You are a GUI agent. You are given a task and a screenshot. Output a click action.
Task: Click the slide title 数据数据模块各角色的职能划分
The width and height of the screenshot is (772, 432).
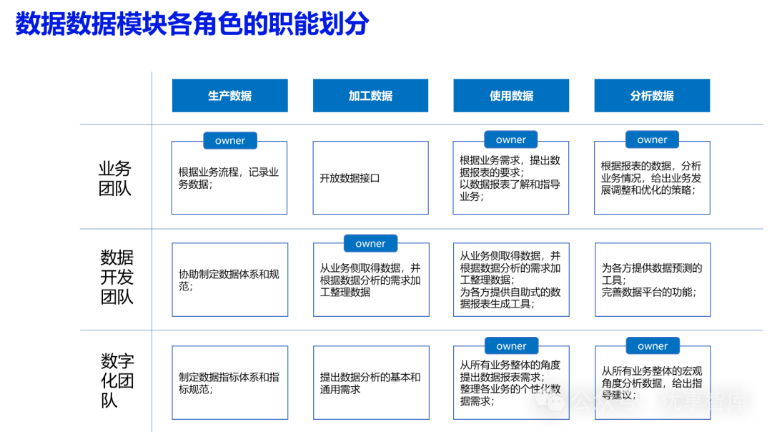click(192, 24)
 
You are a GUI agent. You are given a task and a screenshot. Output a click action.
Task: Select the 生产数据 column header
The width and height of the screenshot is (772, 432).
click(229, 96)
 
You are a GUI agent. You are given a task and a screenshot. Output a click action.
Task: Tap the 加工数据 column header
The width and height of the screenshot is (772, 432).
click(370, 96)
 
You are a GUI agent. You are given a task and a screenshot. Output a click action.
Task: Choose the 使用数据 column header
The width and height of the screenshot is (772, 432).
click(511, 96)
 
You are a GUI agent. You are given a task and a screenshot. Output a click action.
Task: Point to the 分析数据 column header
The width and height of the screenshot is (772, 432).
click(652, 96)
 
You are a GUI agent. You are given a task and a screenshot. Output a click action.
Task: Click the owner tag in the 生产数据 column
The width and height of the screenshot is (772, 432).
click(229, 141)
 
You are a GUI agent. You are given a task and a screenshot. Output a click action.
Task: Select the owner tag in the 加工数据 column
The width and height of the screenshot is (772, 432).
click(370, 244)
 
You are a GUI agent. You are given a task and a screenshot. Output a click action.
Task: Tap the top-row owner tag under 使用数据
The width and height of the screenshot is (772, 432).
click(510, 140)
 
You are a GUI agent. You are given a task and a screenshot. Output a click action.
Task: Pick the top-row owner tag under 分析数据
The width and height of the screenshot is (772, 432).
click(652, 140)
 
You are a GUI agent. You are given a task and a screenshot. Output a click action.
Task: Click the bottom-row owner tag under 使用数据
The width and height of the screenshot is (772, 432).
click(511, 346)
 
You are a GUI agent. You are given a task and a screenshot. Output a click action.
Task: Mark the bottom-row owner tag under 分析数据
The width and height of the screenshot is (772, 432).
click(653, 346)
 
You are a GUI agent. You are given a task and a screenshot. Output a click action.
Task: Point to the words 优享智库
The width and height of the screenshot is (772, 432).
click(705, 401)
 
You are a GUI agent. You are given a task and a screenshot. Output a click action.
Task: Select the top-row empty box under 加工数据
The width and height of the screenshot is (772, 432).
click(370, 178)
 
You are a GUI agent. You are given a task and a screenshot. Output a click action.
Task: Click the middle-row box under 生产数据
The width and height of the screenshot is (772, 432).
click(229, 280)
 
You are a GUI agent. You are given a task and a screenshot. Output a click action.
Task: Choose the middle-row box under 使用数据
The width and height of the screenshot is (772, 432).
click(511, 280)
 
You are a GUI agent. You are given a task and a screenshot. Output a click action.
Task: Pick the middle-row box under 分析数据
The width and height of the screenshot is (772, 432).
click(653, 280)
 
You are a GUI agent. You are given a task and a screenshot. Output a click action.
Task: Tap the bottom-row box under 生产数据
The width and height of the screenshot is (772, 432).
click(229, 383)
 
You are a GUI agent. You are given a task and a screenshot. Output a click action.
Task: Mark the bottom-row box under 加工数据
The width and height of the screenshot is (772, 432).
click(371, 383)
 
